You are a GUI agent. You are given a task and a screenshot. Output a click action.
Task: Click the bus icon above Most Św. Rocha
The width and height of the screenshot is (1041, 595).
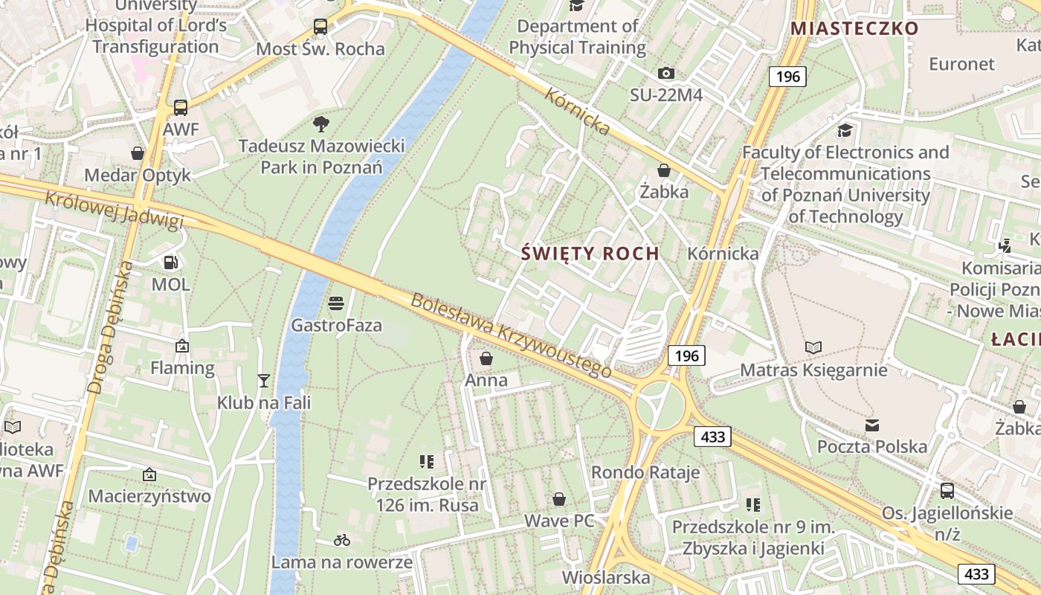320,28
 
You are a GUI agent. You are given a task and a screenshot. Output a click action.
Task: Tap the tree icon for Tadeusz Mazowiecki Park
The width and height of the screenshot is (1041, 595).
321,123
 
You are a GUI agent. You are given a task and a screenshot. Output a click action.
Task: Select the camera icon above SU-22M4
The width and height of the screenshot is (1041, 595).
666,73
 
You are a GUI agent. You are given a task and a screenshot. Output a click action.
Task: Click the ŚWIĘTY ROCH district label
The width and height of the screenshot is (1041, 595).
590,254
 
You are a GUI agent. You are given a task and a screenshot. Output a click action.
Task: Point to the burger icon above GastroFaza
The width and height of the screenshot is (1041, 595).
336,303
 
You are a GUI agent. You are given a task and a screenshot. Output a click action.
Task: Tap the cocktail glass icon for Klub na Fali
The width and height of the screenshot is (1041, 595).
263,381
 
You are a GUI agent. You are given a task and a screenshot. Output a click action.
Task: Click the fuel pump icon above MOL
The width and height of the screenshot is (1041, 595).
170,262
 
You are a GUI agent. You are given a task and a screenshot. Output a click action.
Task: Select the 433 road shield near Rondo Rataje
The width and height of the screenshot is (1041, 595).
713,437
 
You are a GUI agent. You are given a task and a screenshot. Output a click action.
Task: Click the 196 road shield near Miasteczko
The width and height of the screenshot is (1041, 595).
787,76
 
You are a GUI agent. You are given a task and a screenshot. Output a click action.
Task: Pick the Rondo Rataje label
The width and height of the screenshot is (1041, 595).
645,472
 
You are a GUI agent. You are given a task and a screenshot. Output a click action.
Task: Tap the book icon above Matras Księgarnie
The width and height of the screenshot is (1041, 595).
813,347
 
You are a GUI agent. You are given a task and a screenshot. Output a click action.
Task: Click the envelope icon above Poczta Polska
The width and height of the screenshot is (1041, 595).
872,425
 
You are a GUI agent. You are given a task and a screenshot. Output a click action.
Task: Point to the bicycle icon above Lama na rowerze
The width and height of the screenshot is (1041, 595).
342,540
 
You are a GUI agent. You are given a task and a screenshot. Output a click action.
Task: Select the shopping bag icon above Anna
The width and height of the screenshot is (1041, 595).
486,358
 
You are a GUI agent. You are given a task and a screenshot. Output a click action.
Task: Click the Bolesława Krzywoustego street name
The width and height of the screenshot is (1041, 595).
512,335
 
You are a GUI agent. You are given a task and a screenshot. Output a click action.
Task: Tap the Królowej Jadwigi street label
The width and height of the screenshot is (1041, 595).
114,210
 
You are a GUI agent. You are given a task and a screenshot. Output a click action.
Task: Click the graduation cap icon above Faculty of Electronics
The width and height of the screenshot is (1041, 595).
845,131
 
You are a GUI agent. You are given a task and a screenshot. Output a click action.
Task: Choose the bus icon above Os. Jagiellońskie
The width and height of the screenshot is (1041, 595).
947,491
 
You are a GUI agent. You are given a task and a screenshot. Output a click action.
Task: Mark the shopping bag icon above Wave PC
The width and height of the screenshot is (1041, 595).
559,499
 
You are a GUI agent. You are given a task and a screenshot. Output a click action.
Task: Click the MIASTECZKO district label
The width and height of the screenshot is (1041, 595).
854,28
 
